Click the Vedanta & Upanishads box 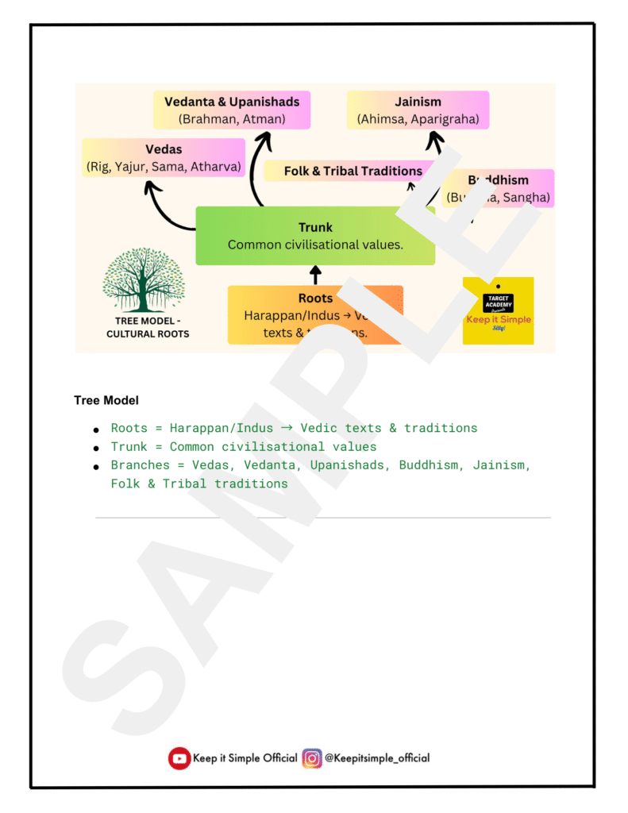pyautogui.click(x=232, y=110)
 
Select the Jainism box pyautogui.click(x=418, y=110)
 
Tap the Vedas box pyautogui.click(x=164, y=157)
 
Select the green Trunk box pyautogui.click(x=315, y=236)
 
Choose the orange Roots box pyautogui.click(x=315, y=315)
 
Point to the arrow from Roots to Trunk pyautogui.click(x=315, y=275)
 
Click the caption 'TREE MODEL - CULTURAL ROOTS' pyautogui.click(x=148, y=328)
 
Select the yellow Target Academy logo pyautogui.click(x=498, y=310)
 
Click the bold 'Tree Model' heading pyautogui.click(x=106, y=400)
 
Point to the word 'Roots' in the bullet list pyautogui.click(x=129, y=428)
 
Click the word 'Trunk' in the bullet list pyautogui.click(x=129, y=447)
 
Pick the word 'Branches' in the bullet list pyautogui.click(x=140, y=465)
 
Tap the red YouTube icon pyautogui.click(x=179, y=758)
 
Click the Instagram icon pyautogui.click(x=312, y=758)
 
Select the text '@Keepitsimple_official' pyautogui.click(x=377, y=758)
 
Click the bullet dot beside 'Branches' pyautogui.click(x=96, y=467)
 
